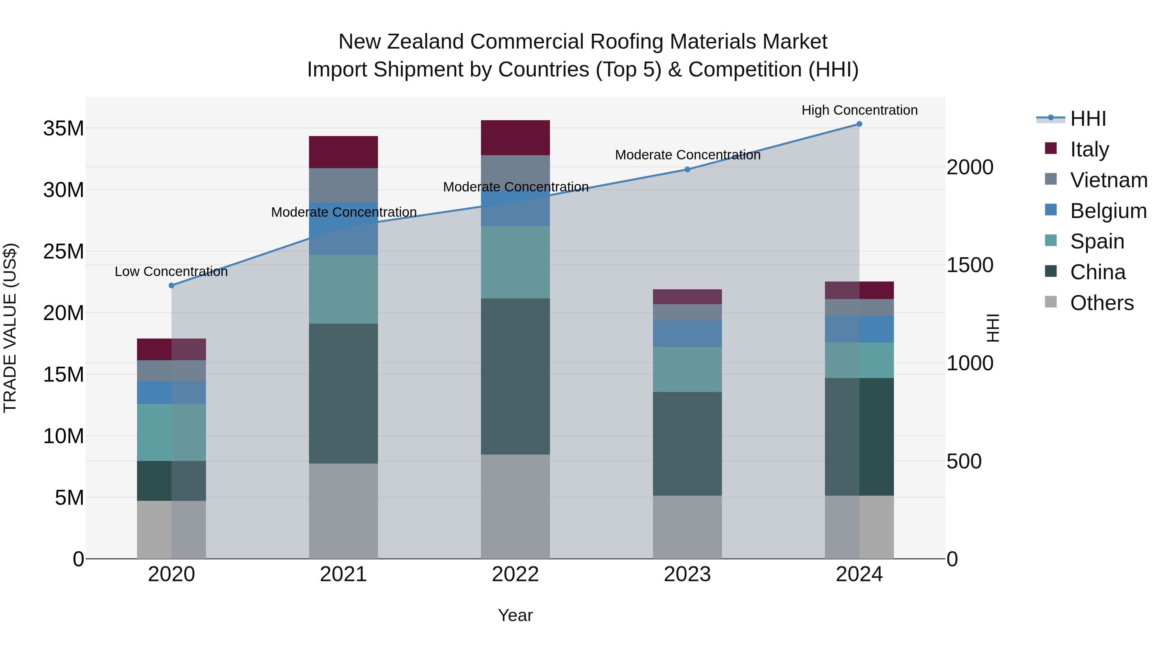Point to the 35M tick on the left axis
pyautogui.click(x=63, y=129)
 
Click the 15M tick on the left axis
pyautogui.click(x=63, y=374)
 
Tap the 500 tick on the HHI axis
pyautogui.click(x=964, y=461)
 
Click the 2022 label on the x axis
pyautogui.click(x=515, y=574)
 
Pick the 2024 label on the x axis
pyautogui.click(x=859, y=574)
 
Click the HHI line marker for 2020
pyautogui.click(x=172, y=285)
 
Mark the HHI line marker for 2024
pyautogui.click(x=859, y=124)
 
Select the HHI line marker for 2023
pyautogui.click(x=687, y=169)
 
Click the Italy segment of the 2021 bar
pyautogui.click(x=343, y=152)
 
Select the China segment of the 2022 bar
pyautogui.click(x=515, y=376)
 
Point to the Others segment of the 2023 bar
pyautogui.click(x=687, y=527)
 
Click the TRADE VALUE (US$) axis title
pyautogui.click(x=10, y=328)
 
